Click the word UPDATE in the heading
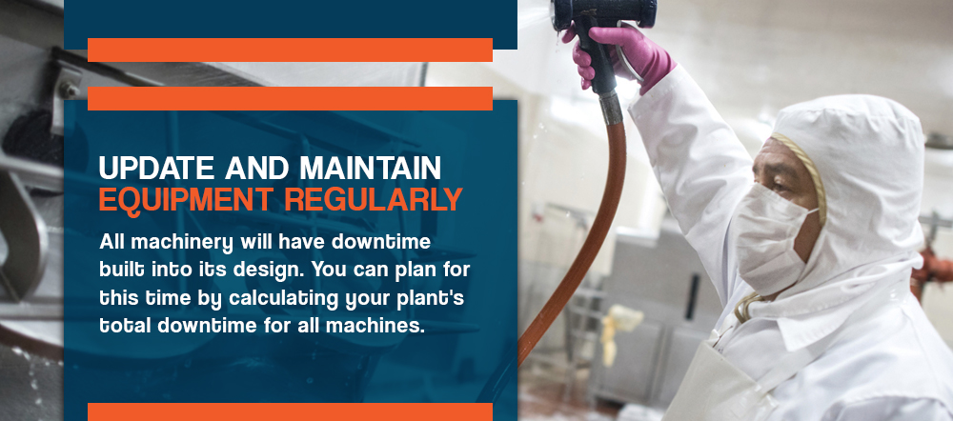click(157, 168)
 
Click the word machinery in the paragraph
click(182, 243)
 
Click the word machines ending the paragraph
click(375, 326)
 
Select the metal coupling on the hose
click(610, 108)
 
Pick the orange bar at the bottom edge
click(290, 411)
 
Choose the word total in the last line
click(125, 326)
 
